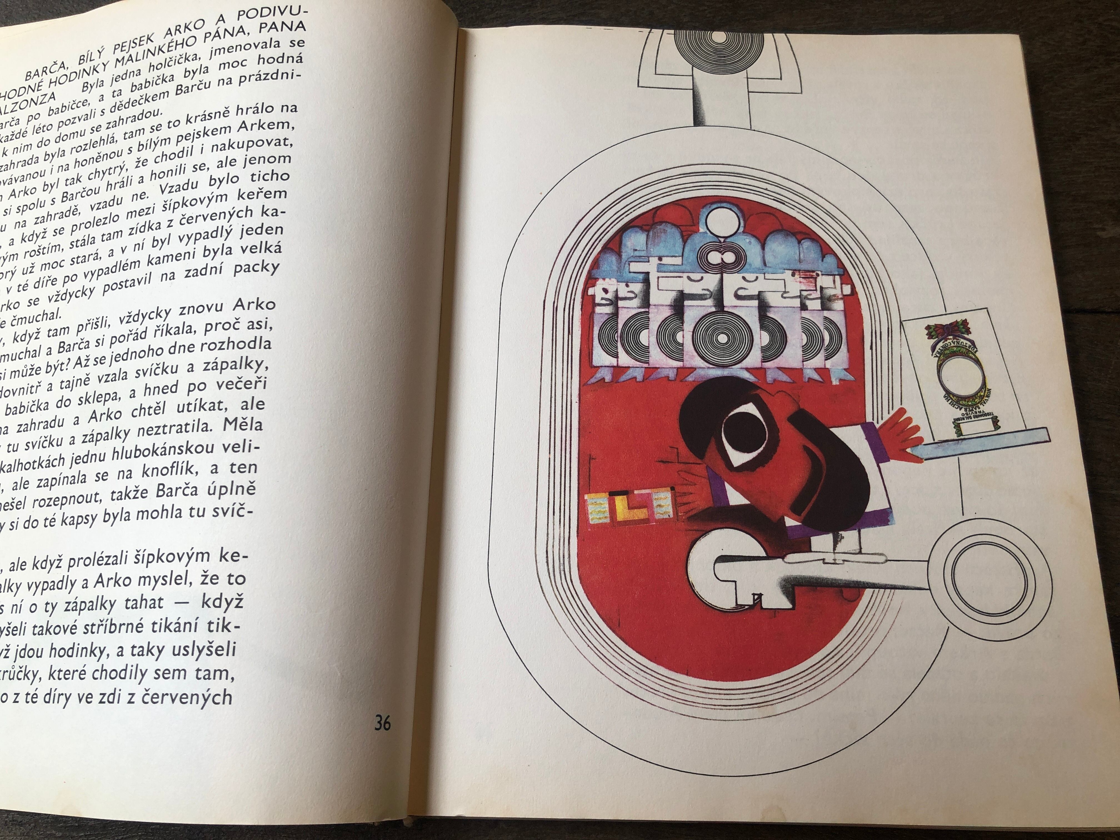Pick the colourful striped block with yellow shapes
click(630, 510)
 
